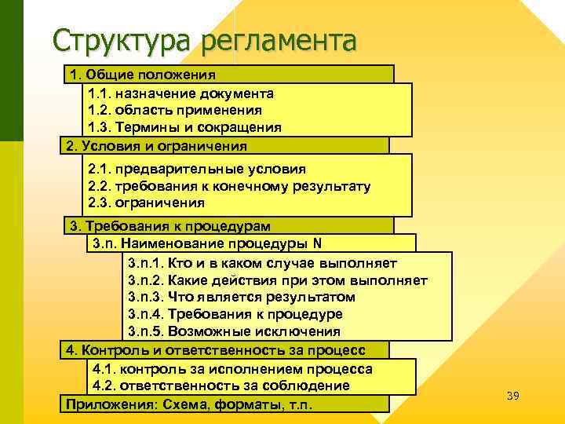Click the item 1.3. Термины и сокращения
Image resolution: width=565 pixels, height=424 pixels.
tap(184, 127)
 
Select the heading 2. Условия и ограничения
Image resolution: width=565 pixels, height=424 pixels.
tap(157, 145)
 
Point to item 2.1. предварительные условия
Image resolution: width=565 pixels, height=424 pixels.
tap(197, 169)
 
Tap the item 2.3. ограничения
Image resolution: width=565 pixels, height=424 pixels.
tap(148, 203)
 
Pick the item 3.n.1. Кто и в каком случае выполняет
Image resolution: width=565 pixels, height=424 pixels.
tap(262, 262)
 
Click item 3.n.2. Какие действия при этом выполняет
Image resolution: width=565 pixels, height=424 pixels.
tap(277, 280)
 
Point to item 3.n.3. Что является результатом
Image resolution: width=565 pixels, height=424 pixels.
tap(241, 297)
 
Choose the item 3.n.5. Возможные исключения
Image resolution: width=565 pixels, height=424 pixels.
tap(234, 331)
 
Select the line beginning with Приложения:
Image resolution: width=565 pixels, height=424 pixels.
tap(189, 404)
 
